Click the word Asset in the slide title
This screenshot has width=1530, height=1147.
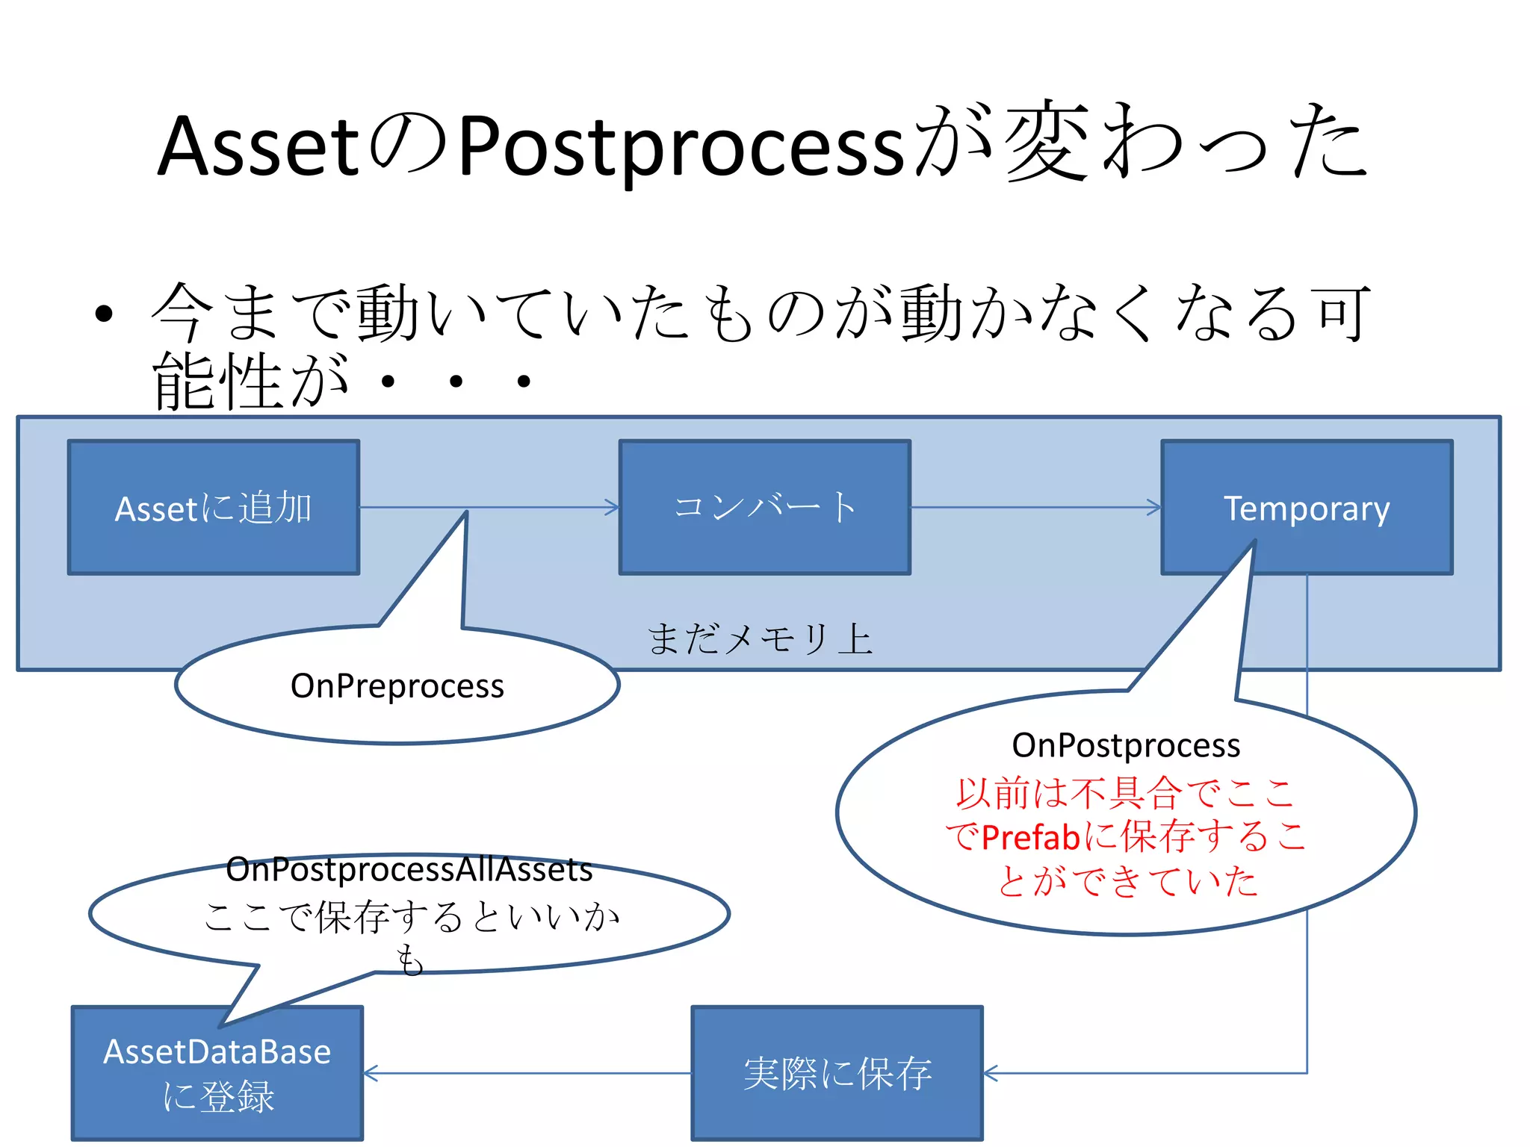tap(258, 146)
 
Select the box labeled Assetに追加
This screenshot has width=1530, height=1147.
tap(214, 508)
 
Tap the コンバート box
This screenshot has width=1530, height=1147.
tap(765, 508)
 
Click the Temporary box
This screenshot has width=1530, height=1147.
tap(1307, 508)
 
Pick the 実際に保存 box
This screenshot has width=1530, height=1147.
tap(837, 1073)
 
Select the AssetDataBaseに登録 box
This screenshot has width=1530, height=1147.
tap(217, 1073)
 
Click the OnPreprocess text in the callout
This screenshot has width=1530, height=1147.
tap(397, 686)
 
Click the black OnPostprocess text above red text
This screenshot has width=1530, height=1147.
tap(1126, 745)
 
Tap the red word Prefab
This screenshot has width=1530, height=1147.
tap(1031, 837)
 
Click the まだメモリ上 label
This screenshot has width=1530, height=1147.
tap(760, 639)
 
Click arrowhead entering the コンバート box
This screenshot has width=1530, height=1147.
tap(613, 508)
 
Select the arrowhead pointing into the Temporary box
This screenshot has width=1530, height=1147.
tap(1155, 508)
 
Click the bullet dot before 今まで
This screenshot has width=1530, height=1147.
tap(105, 314)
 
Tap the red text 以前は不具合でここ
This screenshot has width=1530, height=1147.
tap(1125, 792)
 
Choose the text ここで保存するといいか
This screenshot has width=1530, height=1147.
tap(411, 916)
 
